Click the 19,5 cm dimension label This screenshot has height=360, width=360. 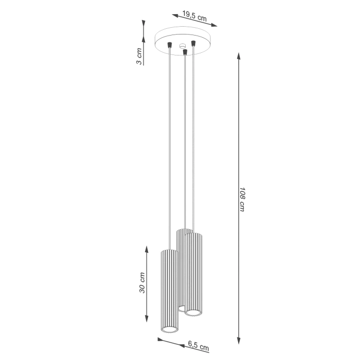195,15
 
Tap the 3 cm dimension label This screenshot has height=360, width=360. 138,55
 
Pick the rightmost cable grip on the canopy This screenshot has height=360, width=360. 193,41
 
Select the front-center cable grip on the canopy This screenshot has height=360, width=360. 185,52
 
